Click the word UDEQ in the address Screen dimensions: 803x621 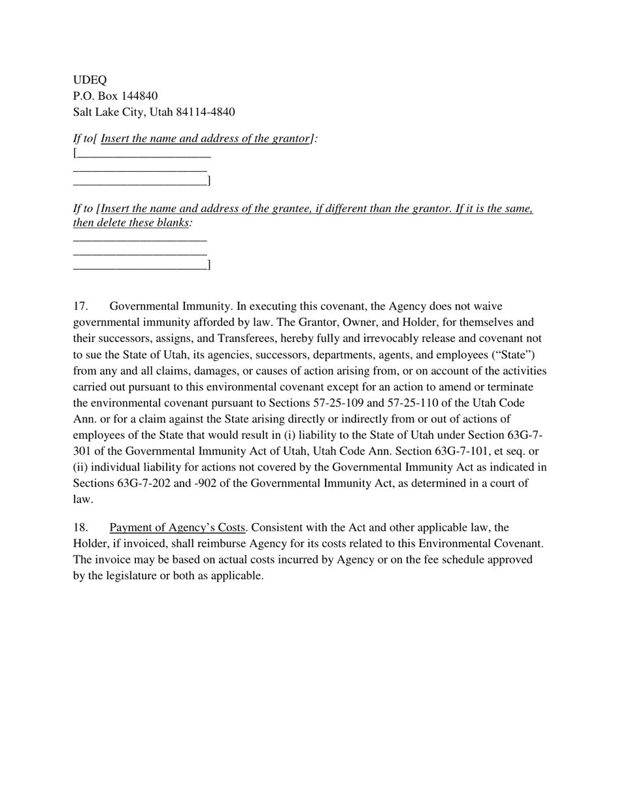[90, 80]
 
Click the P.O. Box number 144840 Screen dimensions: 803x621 [139, 96]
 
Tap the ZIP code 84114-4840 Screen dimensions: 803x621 [205, 112]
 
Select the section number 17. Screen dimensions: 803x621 [80, 306]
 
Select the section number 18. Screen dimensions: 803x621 [80, 527]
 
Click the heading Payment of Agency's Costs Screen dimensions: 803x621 [177, 527]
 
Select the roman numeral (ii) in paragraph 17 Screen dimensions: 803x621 [80, 467]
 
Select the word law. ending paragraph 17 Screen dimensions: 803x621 [83, 499]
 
